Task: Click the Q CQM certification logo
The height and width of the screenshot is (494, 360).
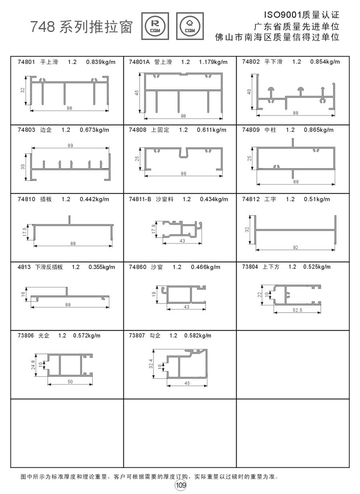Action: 190,26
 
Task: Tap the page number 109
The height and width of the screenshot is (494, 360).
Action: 180,485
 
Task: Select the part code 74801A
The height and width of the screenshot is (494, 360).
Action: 139,62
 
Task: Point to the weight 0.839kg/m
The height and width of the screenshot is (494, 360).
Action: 101,62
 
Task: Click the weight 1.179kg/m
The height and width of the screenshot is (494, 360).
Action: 213,62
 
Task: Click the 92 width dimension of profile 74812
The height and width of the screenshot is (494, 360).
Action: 295,248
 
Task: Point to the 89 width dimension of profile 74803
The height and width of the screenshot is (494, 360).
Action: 70,146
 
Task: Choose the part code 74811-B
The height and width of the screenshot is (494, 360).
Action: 140,199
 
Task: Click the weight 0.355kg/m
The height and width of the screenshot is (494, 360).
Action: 102,267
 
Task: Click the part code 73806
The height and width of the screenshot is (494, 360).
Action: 26,335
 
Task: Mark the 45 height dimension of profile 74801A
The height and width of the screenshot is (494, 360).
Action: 137,93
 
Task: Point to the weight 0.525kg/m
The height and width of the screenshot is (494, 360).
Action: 317,267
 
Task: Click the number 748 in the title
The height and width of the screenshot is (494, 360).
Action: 43,28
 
